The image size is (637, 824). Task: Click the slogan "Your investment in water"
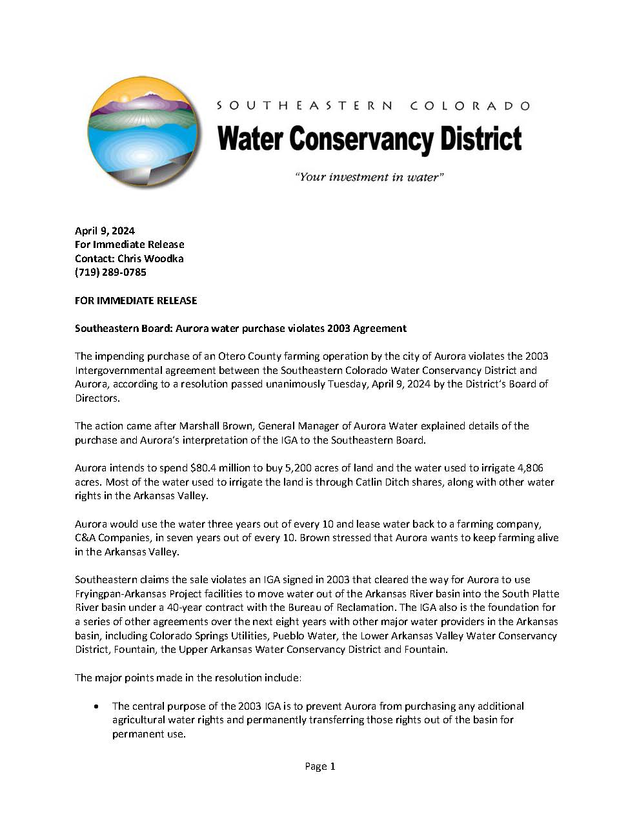(369, 177)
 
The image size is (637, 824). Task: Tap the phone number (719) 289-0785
(110, 273)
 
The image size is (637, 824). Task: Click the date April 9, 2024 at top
(105, 231)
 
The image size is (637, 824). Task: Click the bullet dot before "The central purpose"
(96, 706)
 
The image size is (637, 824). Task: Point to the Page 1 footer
(319, 767)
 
